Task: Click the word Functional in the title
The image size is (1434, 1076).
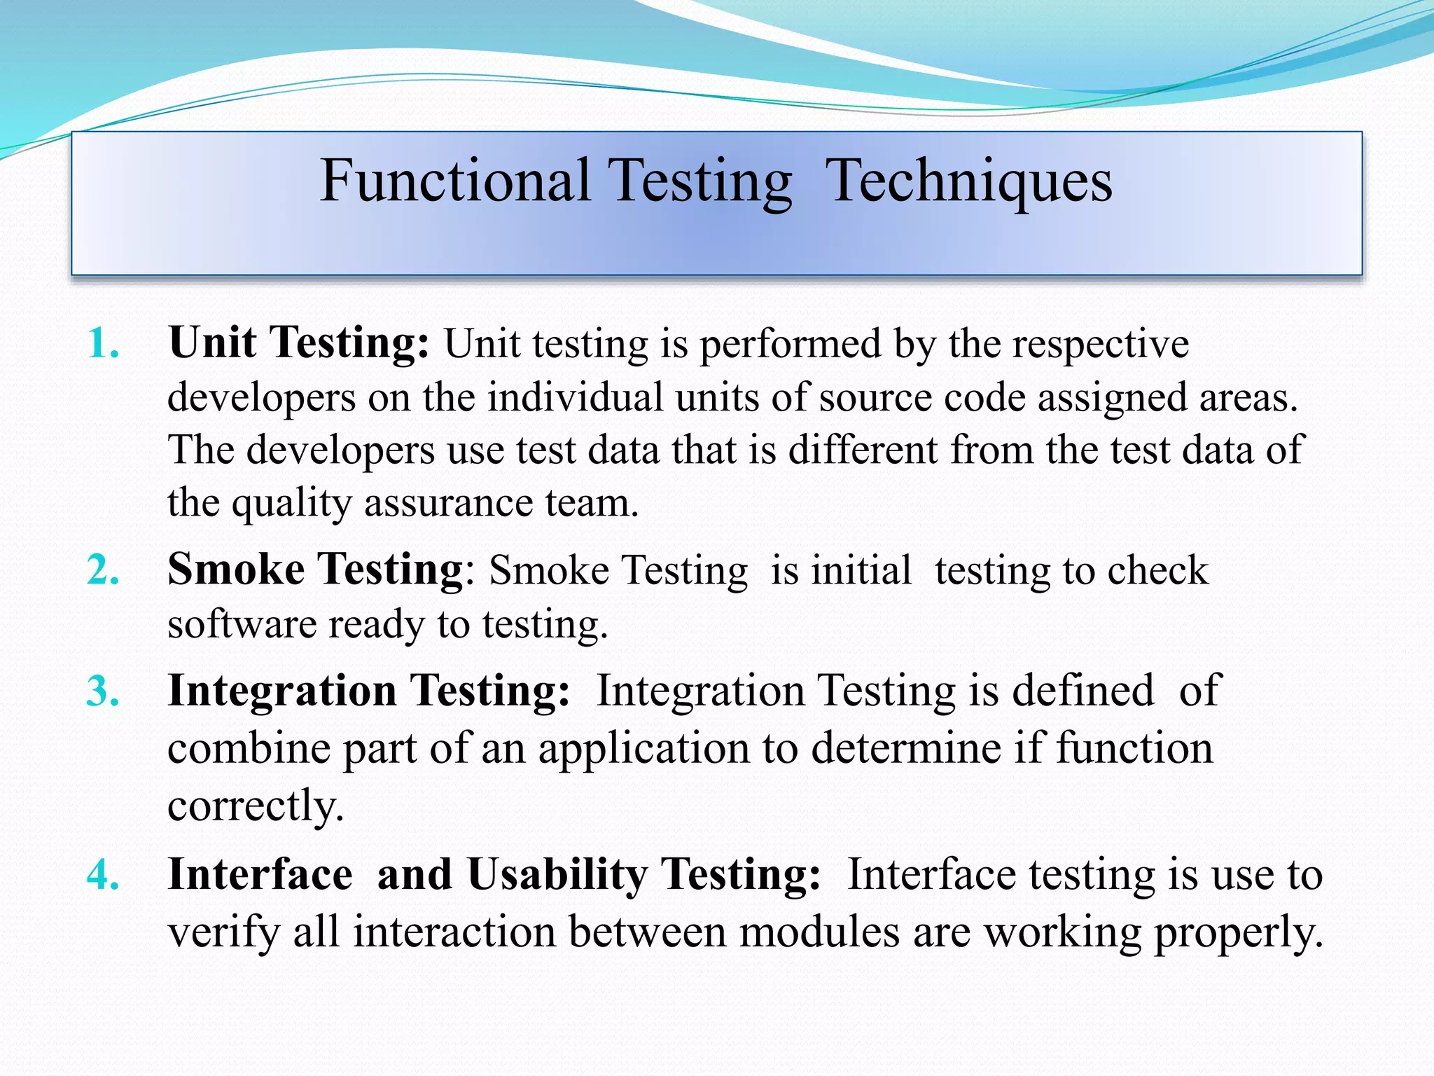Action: [x=455, y=181]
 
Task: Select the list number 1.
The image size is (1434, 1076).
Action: [x=103, y=344]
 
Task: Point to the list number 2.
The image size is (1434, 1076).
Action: [x=103, y=570]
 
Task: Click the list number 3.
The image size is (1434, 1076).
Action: [x=103, y=691]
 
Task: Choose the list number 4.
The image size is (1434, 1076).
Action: [x=103, y=875]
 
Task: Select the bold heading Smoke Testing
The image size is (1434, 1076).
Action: [x=315, y=569]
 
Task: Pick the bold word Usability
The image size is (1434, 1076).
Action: [x=557, y=876]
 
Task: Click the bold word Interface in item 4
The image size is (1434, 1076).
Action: [x=260, y=874]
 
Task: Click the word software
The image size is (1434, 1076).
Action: [x=242, y=623]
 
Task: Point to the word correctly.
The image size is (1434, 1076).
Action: [x=256, y=806]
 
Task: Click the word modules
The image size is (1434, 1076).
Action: [x=819, y=932]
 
